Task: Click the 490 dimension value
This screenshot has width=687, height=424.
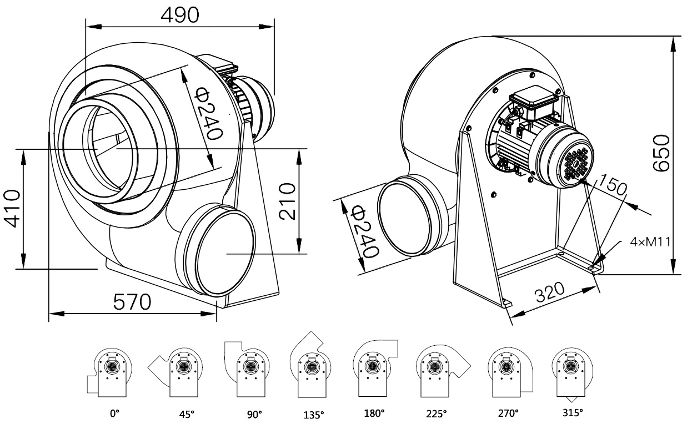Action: click(179, 15)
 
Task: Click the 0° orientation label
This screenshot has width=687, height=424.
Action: click(115, 413)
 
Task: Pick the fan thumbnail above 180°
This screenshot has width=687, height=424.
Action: click(374, 368)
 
